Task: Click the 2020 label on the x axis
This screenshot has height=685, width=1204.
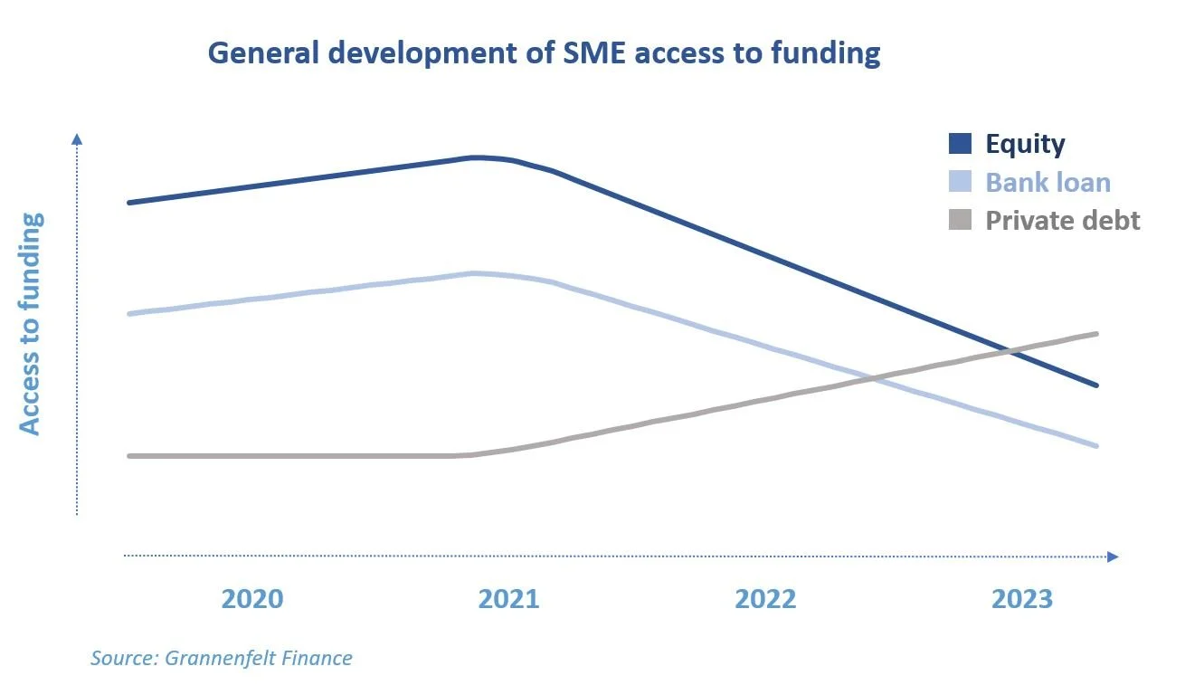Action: pos(252,599)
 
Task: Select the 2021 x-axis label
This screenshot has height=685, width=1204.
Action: pos(508,599)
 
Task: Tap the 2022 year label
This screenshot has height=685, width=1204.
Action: pos(765,599)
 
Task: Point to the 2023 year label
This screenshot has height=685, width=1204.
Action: pos(1022,599)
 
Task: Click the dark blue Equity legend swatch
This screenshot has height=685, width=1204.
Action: pos(960,144)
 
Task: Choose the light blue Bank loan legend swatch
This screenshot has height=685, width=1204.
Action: pos(960,182)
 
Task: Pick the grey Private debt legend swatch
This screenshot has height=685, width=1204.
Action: pos(960,220)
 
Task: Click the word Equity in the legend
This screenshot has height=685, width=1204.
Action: pos(1025,144)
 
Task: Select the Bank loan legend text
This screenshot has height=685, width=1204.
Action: pos(1048,182)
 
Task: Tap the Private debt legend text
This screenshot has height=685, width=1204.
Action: pos(1063,220)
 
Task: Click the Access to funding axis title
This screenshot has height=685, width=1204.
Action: pos(31,324)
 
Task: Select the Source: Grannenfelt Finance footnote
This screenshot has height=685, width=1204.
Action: pos(221,658)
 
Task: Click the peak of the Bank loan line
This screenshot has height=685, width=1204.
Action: pos(475,272)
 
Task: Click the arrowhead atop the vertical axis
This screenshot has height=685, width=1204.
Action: pos(77,138)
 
